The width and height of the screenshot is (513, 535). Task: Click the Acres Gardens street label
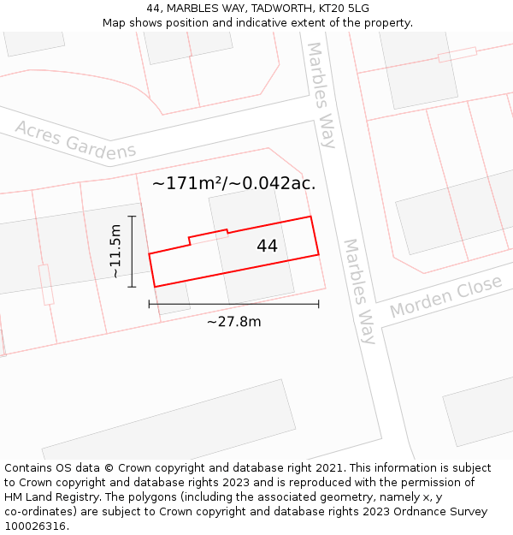point(75,141)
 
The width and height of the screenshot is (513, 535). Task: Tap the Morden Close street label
point(445,296)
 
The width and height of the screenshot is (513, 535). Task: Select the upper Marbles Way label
point(321,94)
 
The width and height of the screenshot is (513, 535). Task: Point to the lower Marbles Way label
point(359,291)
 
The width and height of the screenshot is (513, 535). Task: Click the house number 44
point(267,247)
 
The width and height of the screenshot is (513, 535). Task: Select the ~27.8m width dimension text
point(233,322)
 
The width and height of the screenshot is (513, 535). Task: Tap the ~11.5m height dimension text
point(116,252)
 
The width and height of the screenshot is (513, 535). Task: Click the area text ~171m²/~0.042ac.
point(233,183)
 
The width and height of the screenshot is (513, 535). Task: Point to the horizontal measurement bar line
point(233,304)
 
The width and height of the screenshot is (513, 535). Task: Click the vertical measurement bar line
point(132,252)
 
